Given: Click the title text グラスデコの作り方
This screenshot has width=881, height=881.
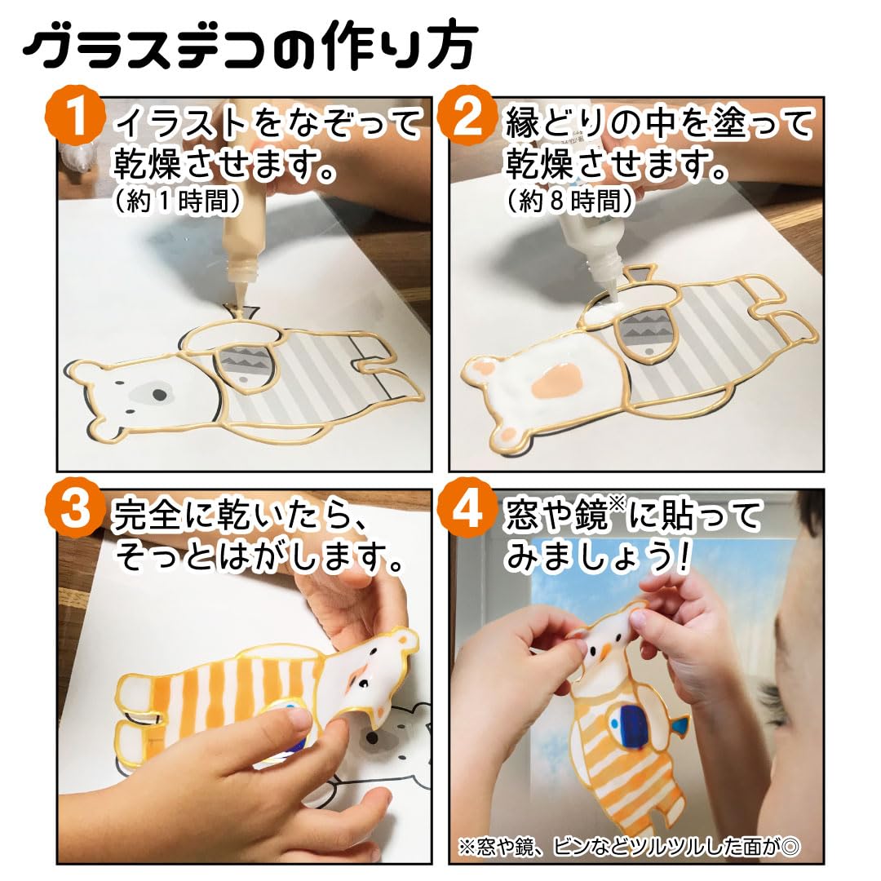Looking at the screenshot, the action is pyautogui.click(x=250, y=46).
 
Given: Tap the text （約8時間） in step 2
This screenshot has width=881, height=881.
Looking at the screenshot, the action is pyautogui.click(x=569, y=201).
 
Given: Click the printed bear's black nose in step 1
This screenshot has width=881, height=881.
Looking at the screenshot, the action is pyautogui.click(x=160, y=396).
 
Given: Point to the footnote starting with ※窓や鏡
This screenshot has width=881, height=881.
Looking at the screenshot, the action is pyautogui.click(x=629, y=847).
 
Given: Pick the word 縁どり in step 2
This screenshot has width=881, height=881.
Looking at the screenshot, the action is pyautogui.click(x=553, y=123).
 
